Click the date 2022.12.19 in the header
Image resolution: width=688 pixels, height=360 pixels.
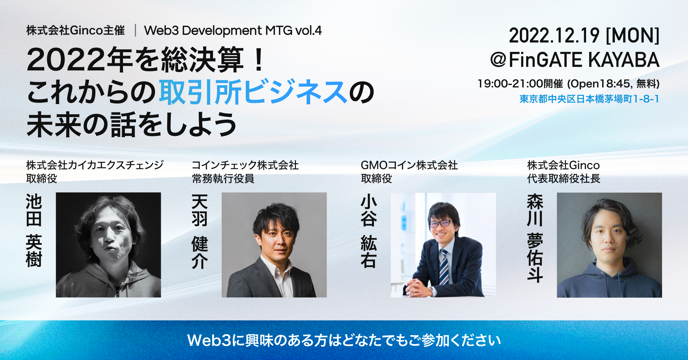click(554, 35)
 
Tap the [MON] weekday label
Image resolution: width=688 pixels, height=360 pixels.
click(633, 35)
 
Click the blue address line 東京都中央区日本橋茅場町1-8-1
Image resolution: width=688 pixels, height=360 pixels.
click(589, 99)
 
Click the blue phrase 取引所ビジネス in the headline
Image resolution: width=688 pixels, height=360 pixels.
click(253, 93)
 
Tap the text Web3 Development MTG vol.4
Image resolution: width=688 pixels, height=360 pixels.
click(233, 31)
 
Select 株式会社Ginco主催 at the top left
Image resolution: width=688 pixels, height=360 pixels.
click(75, 31)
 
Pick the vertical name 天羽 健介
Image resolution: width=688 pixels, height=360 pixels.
click(200, 232)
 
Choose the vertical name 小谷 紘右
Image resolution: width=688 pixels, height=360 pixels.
click(369, 232)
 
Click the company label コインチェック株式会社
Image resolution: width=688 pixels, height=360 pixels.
click(245, 165)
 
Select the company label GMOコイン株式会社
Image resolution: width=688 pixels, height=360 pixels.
click(409, 165)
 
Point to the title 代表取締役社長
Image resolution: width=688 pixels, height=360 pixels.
click(563, 179)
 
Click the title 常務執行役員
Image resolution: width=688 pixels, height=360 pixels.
click(223, 179)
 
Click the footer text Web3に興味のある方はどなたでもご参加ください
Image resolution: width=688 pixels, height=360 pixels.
click(344, 340)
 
